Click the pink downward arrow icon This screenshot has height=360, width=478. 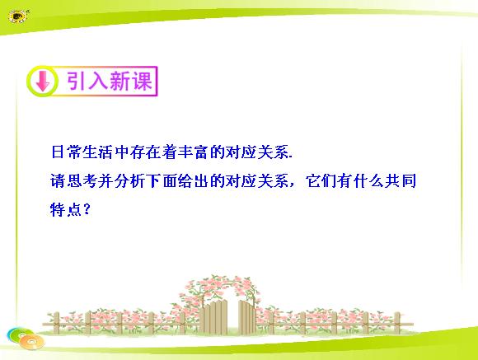[43, 81]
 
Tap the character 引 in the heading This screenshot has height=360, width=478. [76, 81]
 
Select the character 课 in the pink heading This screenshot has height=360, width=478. [142, 81]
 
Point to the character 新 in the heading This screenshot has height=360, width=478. [120, 81]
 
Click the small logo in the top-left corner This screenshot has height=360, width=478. [18, 16]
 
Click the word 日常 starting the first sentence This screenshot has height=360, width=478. [66, 152]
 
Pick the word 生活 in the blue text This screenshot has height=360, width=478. [98, 152]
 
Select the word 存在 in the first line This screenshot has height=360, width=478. [145, 152]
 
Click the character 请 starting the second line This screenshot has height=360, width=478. [59, 181]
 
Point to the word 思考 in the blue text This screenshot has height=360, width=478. [82, 181]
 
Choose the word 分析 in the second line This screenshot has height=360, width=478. [129, 181]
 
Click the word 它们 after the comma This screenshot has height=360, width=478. [321, 181]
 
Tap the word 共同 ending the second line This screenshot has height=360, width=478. [401, 181]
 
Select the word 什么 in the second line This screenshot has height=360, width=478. [368, 181]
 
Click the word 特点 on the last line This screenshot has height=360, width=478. [66, 210]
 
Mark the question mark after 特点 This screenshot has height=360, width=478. [87, 210]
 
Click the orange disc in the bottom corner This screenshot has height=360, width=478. [32, 342]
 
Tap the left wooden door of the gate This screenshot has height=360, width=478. [215, 317]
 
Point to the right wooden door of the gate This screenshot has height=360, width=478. [247, 318]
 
